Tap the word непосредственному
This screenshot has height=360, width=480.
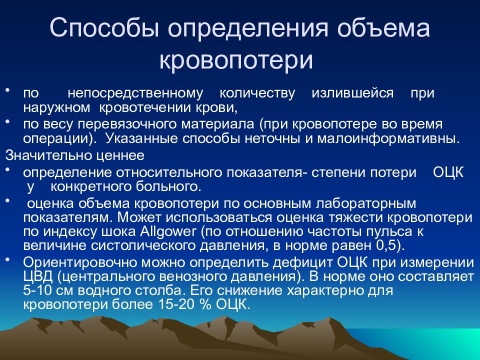(x=135, y=93)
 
